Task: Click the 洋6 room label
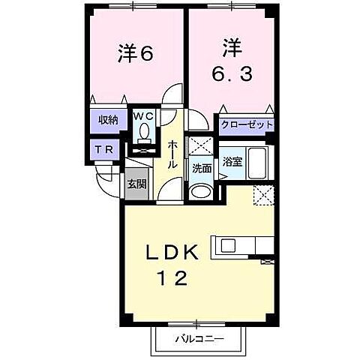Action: pos(136,54)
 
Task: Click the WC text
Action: pos(144,117)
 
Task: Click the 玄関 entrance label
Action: pos(136,184)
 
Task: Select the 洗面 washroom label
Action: pos(201,169)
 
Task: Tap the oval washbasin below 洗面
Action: pos(200,190)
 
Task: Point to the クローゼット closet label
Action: pos(247,125)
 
